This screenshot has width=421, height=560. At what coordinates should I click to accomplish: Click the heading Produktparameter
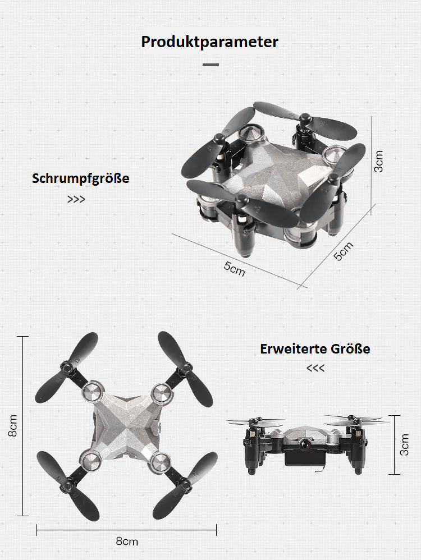[210, 42]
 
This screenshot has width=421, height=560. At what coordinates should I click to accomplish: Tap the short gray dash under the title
[210, 65]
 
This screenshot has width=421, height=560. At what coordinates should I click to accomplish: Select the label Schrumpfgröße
[80, 179]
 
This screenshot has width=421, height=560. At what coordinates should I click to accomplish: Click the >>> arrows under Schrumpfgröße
[76, 199]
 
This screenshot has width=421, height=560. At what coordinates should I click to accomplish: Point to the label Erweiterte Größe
[315, 349]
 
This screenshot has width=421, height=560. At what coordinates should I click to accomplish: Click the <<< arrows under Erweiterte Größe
[315, 369]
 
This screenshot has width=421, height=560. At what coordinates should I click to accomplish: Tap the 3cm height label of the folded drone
[379, 162]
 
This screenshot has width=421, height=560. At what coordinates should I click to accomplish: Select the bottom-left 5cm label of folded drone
[235, 268]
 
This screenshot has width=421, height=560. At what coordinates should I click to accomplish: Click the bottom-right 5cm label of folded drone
[344, 251]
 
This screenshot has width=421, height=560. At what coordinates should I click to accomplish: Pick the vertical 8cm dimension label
[13, 426]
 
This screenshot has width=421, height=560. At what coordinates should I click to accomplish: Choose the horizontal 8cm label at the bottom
[126, 541]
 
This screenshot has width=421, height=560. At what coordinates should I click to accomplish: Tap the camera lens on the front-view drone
[308, 443]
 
